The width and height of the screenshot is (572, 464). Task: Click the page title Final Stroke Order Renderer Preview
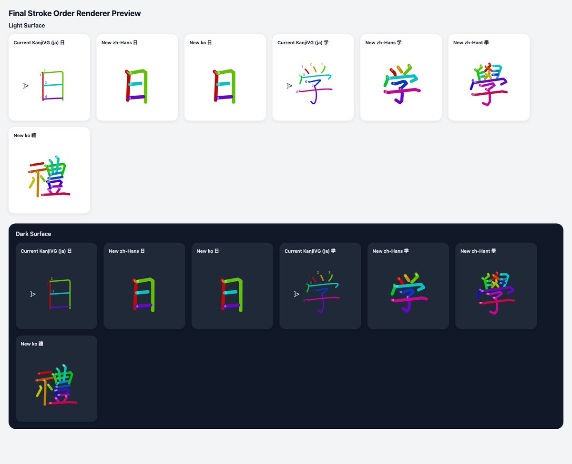(x=74, y=13)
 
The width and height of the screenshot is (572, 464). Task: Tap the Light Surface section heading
(x=27, y=25)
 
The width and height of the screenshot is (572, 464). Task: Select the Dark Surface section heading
(x=33, y=234)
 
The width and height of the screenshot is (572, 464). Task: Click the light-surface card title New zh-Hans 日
(x=120, y=43)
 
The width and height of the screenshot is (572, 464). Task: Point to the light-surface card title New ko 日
(x=201, y=43)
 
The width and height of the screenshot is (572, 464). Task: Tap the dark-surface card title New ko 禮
(x=32, y=344)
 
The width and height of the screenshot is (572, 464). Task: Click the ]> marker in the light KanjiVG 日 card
(x=26, y=86)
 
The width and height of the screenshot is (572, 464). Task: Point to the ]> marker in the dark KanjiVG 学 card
(x=296, y=294)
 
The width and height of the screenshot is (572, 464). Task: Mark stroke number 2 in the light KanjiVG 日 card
(x=44, y=70)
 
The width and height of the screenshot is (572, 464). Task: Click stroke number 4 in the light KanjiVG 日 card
(x=46, y=97)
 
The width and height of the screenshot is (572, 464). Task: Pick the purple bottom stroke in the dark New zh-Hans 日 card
(x=144, y=306)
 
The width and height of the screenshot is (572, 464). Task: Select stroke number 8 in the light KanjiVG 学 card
(x=297, y=92)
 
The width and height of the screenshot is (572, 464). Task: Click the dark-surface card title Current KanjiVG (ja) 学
(x=310, y=251)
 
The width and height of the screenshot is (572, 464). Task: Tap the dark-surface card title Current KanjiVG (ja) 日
(x=46, y=251)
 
